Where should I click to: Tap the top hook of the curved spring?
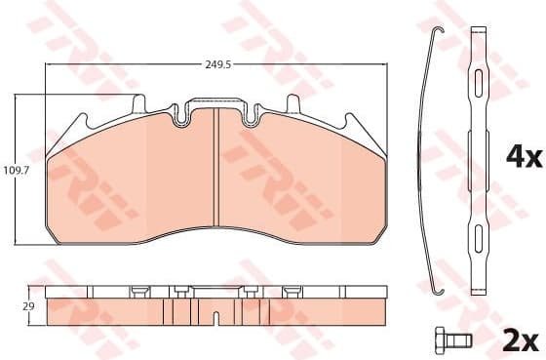pos(440,29)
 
